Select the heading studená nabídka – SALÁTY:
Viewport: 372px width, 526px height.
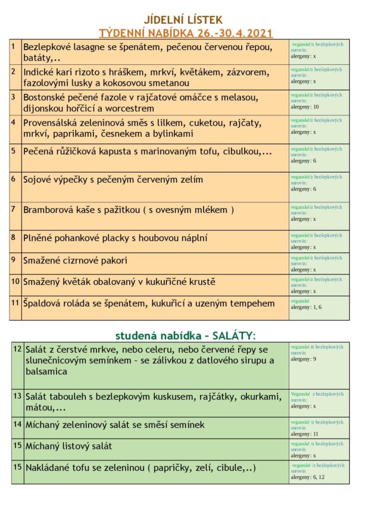click(x=185, y=336)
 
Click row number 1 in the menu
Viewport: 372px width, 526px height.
click(x=13, y=46)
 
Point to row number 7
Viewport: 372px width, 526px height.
click(x=13, y=208)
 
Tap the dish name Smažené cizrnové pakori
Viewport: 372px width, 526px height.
click(x=75, y=261)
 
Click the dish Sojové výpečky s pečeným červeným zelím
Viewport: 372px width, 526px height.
click(x=113, y=179)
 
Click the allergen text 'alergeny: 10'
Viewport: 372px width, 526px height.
click(x=305, y=107)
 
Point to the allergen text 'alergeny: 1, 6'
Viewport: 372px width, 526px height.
click(x=306, y=307)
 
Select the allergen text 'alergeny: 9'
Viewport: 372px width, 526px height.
click(x=304, y=359)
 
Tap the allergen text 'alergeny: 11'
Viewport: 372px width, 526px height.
click(x=305, y=434)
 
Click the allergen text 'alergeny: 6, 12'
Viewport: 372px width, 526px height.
click(x=307, y=477)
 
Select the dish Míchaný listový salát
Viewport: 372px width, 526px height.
click(x=68, y=446)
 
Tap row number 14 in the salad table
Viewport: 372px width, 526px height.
click(x=17, y=424)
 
